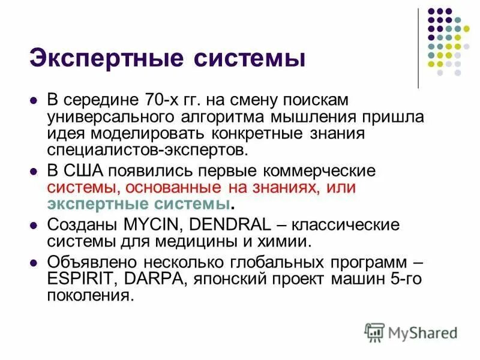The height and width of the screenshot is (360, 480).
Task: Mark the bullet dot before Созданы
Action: coord(34,226)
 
